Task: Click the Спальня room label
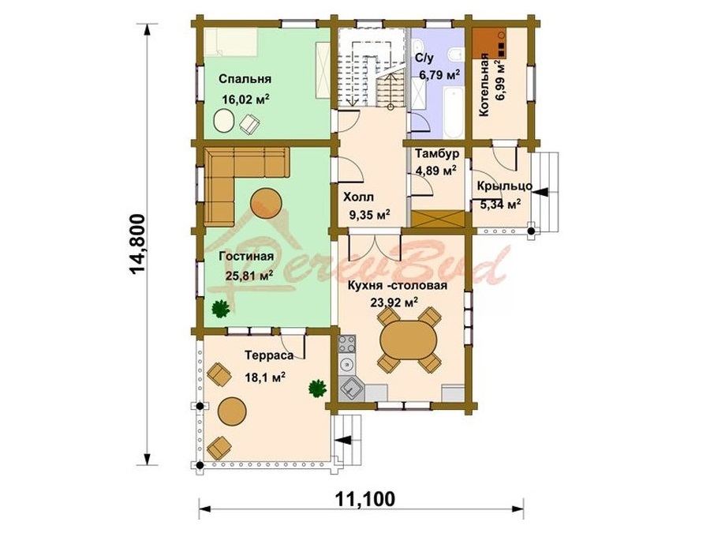tap(245, 79)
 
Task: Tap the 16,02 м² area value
tap(245, 100)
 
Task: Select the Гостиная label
tap(246, 257)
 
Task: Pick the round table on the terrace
tap(232, 411)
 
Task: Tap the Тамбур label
tap(437, 154)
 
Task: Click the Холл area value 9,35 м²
tap(369, 214)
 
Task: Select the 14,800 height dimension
tap(137, 244)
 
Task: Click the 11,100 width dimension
tap(365, 499)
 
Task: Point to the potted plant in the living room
tap(221, 309)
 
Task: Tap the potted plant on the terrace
tap(317, 389)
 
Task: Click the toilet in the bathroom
tap(454, 54)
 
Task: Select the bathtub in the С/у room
tap(454, 113)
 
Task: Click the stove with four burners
tap(347, 344)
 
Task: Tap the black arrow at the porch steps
tap(540, 192)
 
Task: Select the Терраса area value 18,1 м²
tap(265, 377)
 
